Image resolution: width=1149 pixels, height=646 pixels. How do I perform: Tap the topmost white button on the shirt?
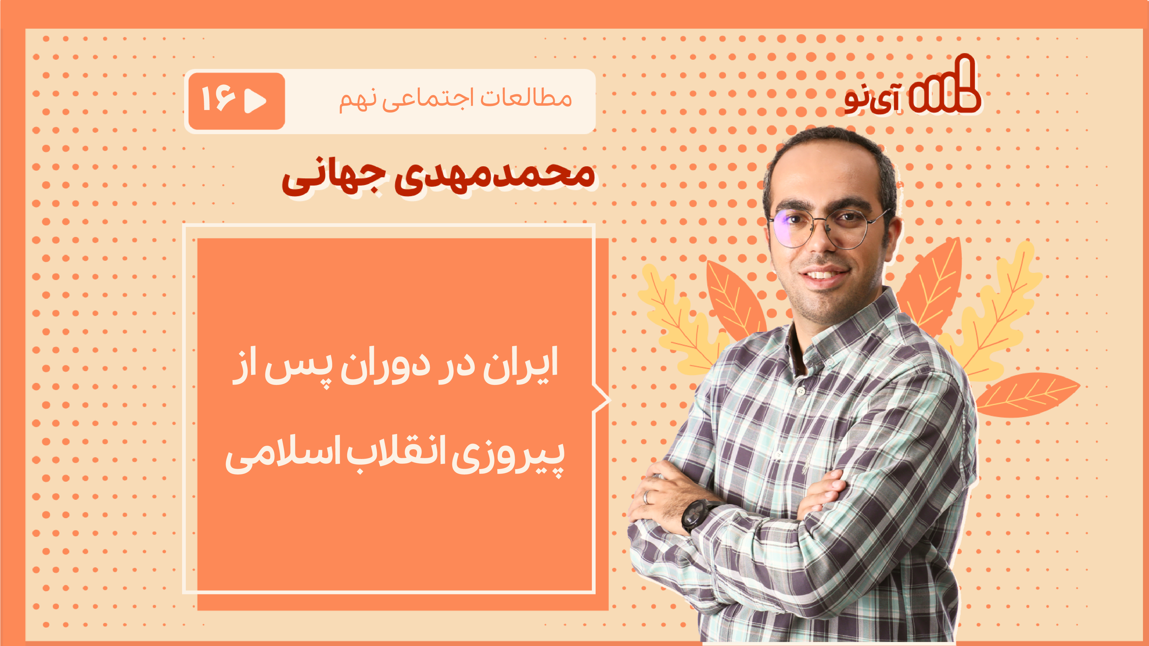[801, 391]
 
